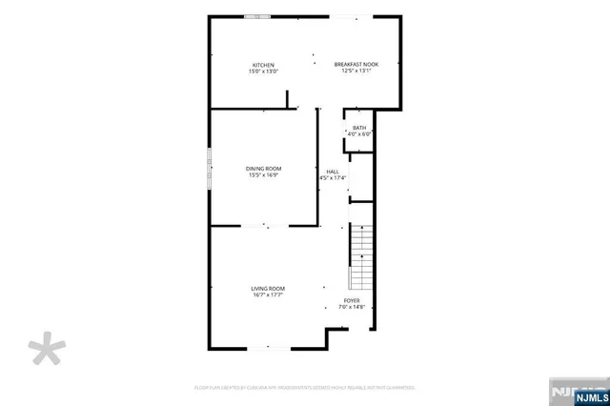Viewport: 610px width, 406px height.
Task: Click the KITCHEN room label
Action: click(x=263, y=65)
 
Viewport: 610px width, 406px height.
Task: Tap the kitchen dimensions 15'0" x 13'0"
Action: click(x=263, y=71)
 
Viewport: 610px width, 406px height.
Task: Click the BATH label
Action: click(x=359, y=128)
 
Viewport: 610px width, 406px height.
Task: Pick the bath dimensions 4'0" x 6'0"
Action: click(x=359, y=134)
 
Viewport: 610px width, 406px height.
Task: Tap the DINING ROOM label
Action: click(x=263, y=169)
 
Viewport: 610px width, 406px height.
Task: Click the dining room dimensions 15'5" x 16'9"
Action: click(x=263, y=175)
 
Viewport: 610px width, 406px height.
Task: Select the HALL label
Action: click(x=332, y=172)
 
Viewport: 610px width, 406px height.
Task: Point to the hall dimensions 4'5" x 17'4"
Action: click(x=332, y=178)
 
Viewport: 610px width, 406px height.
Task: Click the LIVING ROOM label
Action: click(x=268, y=289)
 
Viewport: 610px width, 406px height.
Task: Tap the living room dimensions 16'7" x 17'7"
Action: click(x=268, y=295)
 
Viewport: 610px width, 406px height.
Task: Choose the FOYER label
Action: click(x=353, y=300)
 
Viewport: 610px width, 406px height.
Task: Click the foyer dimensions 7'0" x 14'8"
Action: click(x=353, y=307)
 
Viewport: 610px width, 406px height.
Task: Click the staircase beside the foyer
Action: click(x=362, y=257)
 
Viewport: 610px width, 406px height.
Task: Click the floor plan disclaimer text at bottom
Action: click(x=304, y=388)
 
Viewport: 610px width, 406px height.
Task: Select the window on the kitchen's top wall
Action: click(x=255, y=17)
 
